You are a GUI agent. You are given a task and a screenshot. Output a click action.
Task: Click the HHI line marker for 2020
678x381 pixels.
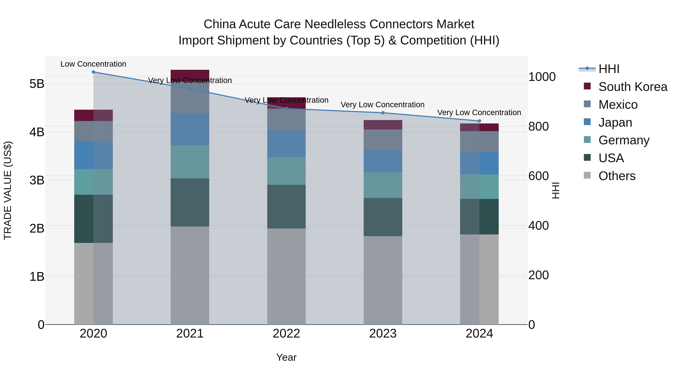(93, 72)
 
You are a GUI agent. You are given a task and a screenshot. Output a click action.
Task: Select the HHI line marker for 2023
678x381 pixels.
(383, 113)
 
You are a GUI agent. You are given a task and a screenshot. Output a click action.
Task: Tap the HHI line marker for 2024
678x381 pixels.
(479, 121)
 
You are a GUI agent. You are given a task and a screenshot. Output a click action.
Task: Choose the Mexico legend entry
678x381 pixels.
(618, 105)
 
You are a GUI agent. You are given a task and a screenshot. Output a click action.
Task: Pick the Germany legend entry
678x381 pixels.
(624, 140)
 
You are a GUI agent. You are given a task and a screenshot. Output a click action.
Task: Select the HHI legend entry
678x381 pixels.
(609, 69)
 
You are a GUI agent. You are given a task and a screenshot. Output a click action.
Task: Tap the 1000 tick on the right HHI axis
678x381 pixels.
(542, 77)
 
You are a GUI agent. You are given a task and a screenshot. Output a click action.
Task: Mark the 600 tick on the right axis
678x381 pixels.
(538, 176)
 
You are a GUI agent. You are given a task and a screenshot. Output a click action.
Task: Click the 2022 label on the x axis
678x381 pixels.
(286, 334)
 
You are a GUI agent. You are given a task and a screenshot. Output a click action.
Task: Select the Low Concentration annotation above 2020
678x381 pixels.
(93, 64)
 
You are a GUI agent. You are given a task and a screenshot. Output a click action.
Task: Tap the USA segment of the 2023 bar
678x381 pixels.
(383, 217)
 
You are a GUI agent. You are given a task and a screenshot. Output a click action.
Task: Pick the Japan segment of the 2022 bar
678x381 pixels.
(286, 144)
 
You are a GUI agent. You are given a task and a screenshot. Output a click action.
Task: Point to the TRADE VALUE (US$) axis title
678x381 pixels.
(8, 190)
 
